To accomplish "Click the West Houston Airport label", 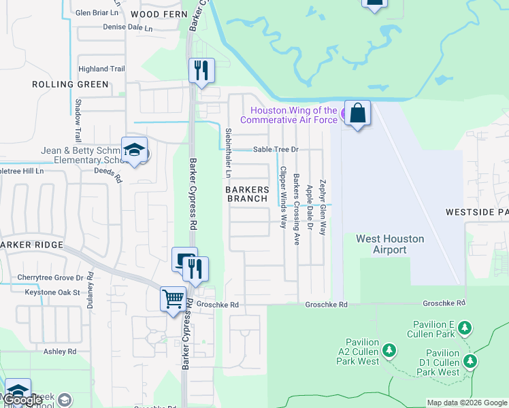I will (390, 244).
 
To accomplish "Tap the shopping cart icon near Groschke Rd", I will (173, 299).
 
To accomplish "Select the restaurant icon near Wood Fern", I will (201, 71).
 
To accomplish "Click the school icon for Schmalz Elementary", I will (134, 150).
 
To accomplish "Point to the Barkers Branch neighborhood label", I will (247, 194).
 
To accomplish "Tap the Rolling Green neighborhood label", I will (70, 84).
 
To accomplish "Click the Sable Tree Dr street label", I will (276, 150).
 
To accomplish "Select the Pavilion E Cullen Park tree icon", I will (464, 328).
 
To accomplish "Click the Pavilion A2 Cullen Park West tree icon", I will (389, 351).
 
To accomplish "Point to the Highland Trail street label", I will (101, 69).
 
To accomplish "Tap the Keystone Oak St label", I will (52, 292).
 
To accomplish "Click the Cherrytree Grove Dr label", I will (50, 277).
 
